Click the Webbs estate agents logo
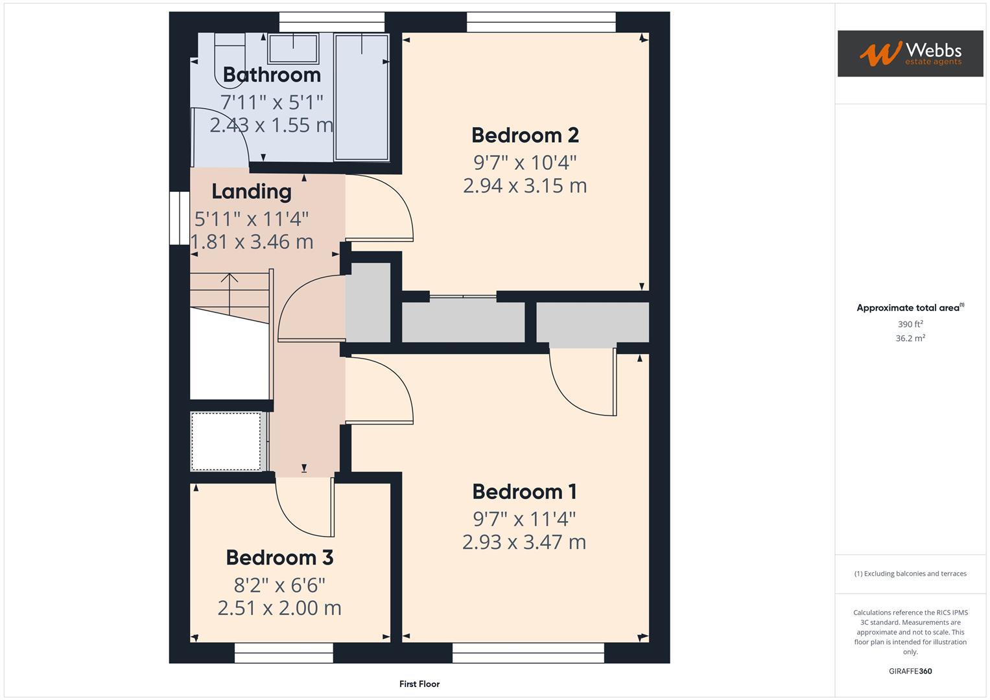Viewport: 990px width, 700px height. pyautogui.click(x=910, y=53)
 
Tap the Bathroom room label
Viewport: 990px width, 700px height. pyautogui.click(x=272, y=75)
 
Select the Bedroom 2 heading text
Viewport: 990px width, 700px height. pyautogui.click(x=524, y=135)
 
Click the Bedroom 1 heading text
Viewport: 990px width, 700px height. pyautogui.click(x=524, y=491)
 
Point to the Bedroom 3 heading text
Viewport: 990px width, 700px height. pyautogui.click(x=279, y=557)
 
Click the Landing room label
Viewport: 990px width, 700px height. pyautogui.click(x=252, y=191)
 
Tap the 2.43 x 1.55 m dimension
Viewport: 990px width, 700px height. pyautogui.click(x=272, y=124)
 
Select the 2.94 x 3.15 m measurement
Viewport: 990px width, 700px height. pyautogui.click(x=524, y=185)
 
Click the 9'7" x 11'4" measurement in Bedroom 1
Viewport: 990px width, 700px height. pyautogui.click(x=524, y=519)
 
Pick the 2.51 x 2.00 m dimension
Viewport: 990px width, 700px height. pyautogui.click(x=279, y=608)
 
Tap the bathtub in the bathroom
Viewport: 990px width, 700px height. pyautogui.click(x=362, y=97)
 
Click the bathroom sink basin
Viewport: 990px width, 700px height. pyautogui.click(x=293, y=48)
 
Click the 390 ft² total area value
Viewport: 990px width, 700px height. pyautogui.click(x=910, y=324)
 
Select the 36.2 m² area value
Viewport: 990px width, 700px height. pyautogui.click(x=910, y=338)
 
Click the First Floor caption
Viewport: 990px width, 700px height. pyautogui.click(x=419, y=684)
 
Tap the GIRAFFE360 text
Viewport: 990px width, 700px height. pyautogui.click(x=910, y=671)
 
